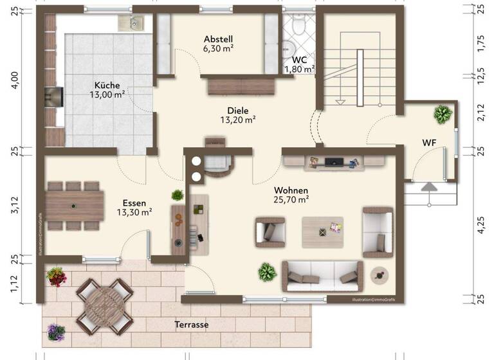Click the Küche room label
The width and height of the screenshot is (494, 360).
coord(107,85)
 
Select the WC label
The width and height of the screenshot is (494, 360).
coord(299,60)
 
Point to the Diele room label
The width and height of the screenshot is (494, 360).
coord(237,110)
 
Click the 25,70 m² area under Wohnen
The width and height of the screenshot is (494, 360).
coord(291,200)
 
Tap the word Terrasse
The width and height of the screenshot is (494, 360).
coord(191,325)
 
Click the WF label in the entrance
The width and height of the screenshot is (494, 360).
coord(430,142)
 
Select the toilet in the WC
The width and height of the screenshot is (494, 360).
coord(298,25)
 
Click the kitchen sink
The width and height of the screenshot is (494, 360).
coord(133,23)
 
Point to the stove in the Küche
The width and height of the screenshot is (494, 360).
coord(53,96)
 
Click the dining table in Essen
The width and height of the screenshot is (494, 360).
coord(75,205)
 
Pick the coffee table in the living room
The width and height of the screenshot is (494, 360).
coord(322,228)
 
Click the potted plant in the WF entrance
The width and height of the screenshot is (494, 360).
coord(443,114)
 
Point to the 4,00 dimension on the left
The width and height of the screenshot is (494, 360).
coord(15,82)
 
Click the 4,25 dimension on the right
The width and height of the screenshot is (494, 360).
coord(481,226)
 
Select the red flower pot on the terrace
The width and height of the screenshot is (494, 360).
coord(56,276)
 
